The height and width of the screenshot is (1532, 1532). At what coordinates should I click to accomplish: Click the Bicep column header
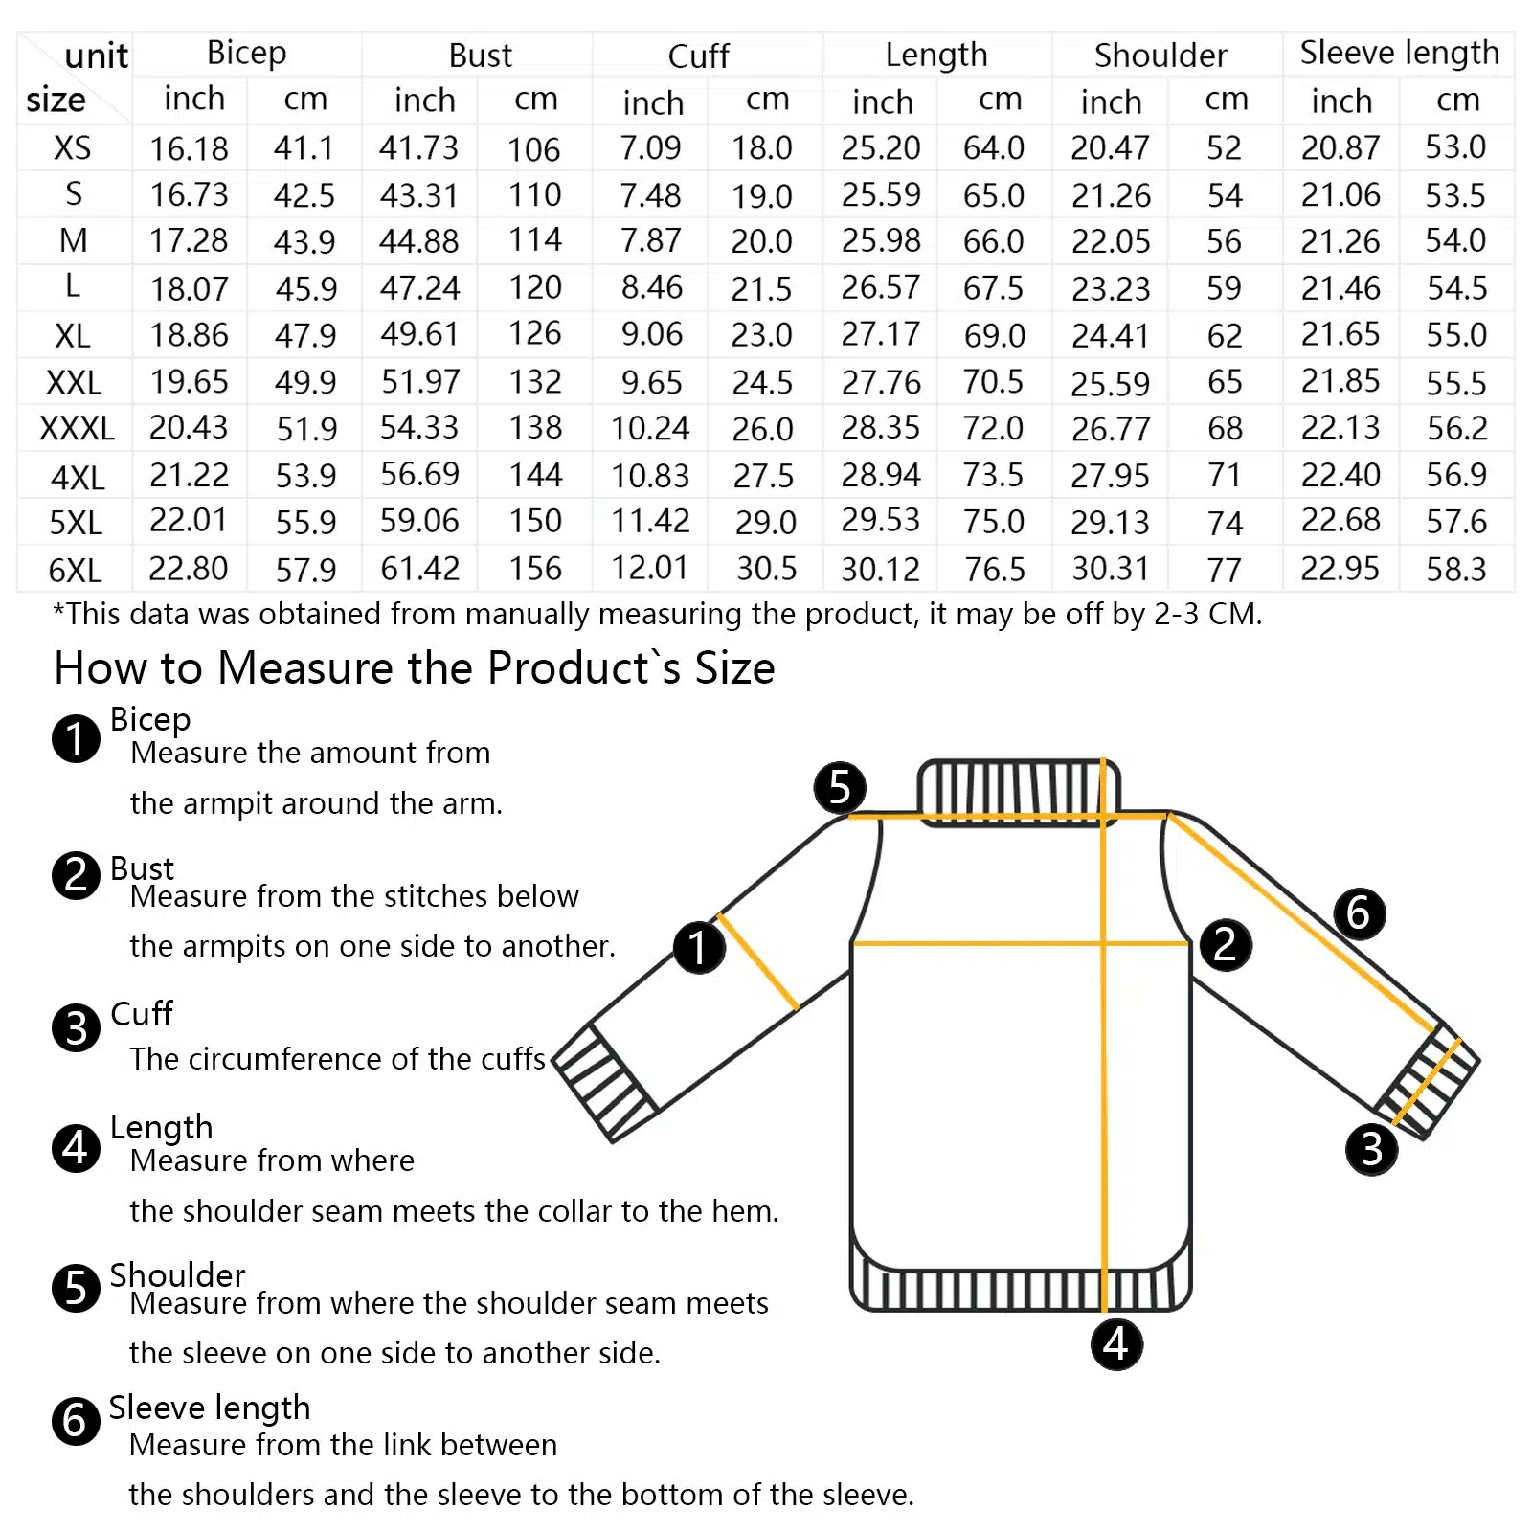tap(246, 54)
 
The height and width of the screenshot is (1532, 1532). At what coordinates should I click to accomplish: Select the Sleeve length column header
tap(1399, 54)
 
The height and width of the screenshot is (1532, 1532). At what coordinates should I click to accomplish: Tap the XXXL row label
tap(77, 428)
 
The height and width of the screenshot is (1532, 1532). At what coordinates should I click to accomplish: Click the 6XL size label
tap(75, 571)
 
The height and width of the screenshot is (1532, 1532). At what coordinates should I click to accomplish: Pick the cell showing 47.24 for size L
tap(419, 287)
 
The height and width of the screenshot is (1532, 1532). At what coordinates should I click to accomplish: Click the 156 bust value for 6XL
tap(535, 569)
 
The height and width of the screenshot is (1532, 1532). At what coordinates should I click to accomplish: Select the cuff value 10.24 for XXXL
tap(650, 428)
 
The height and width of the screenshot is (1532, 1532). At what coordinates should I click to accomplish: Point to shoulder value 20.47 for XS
tap(1110, 147)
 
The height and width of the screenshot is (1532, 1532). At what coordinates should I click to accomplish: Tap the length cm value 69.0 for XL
tap(994, 335)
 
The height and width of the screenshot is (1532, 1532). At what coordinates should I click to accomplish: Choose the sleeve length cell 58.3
tap(1455, 570)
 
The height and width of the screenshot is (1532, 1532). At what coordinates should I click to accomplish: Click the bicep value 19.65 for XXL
tap(189, 382)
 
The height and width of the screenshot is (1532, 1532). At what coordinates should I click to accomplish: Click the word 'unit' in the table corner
tap(96, 56)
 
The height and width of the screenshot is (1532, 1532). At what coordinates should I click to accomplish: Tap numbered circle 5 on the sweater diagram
tap(840, 787)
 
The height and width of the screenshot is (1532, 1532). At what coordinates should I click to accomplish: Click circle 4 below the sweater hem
tap(1116, 1343)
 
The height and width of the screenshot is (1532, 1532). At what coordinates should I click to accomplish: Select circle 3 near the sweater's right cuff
tap(1371, 1148)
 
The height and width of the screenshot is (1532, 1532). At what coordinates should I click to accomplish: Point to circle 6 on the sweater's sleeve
tap(1359, 912)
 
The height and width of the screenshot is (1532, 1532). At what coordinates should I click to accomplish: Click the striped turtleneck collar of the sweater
tap(1017, 791)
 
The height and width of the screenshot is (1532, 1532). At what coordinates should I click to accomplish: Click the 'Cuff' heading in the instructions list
tap(142, 1013)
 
